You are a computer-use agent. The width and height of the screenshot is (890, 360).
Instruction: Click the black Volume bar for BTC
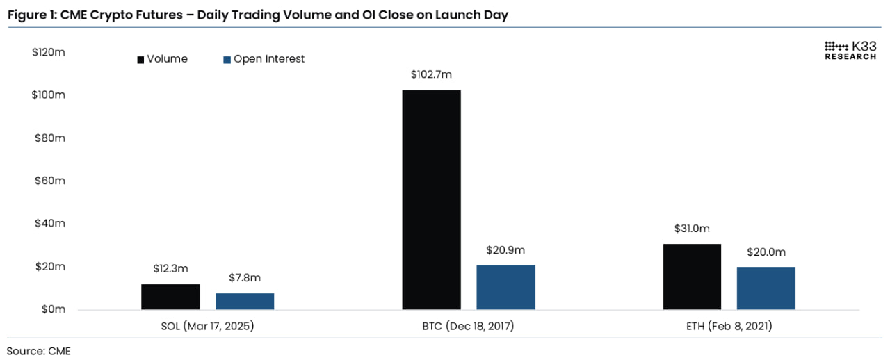point(431,199)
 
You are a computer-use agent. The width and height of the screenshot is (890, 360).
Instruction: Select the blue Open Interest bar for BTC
point(505,287)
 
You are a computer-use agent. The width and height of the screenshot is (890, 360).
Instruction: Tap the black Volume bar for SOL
point(170,297)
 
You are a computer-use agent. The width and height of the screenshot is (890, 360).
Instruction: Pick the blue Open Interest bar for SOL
point(245,302)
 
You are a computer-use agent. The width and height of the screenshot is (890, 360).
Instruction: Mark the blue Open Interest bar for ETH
point(766,288)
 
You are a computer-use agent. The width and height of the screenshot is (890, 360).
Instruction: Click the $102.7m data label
point(431,75)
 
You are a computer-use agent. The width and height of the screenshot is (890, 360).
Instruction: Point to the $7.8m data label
point(245,278)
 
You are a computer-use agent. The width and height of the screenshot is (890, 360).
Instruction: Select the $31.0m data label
point(692,229)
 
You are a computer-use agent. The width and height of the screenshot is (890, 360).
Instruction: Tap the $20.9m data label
point(505,250)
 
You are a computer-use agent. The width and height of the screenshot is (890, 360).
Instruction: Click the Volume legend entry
point(162,59)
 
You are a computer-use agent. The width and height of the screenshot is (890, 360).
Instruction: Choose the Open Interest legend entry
point(264,59)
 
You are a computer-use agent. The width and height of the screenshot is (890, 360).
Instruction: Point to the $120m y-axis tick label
point(49,52)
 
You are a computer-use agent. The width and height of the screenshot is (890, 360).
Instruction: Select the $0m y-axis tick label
point(51,309)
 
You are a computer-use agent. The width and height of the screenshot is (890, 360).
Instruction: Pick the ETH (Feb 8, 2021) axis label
point(729,326)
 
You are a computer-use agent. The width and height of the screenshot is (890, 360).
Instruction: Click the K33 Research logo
point(850,50)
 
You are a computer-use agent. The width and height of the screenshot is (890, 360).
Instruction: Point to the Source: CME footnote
point(39,351)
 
